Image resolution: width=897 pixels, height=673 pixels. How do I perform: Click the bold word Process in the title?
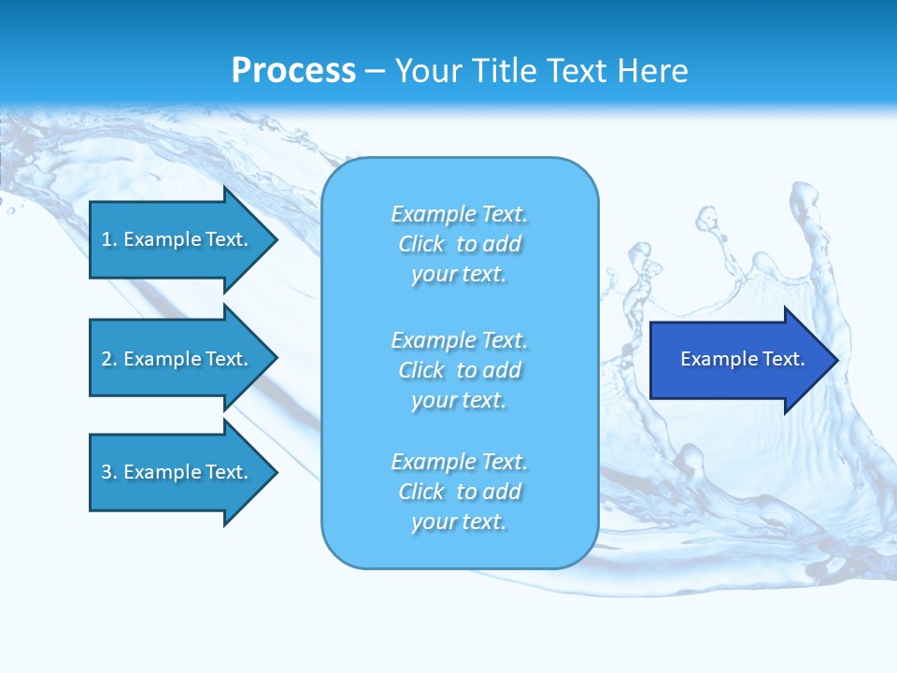[293, 71]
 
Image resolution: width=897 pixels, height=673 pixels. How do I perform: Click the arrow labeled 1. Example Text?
[178, 239]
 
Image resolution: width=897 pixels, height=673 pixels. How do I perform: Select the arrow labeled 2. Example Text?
[178, 359]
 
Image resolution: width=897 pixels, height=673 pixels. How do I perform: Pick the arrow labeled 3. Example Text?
[178, 472]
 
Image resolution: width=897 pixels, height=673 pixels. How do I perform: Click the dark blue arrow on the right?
[738, 359]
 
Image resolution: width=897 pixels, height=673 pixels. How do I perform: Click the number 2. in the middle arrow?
[109, 359]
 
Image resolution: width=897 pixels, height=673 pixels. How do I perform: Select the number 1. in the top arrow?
[109, 239]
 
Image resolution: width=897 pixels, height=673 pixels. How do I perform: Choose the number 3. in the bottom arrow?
[109, 472]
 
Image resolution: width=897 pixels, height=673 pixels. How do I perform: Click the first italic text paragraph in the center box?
[459, 244]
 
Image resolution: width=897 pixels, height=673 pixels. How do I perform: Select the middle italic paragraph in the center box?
[459, 370]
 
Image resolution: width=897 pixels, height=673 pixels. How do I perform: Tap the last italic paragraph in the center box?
[459, 492]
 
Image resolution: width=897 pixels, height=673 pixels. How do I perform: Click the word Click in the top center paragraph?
[421, 245]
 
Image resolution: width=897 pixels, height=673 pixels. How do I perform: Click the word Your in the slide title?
[427, 71]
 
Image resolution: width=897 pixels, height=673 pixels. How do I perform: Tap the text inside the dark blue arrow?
[742, 359]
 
